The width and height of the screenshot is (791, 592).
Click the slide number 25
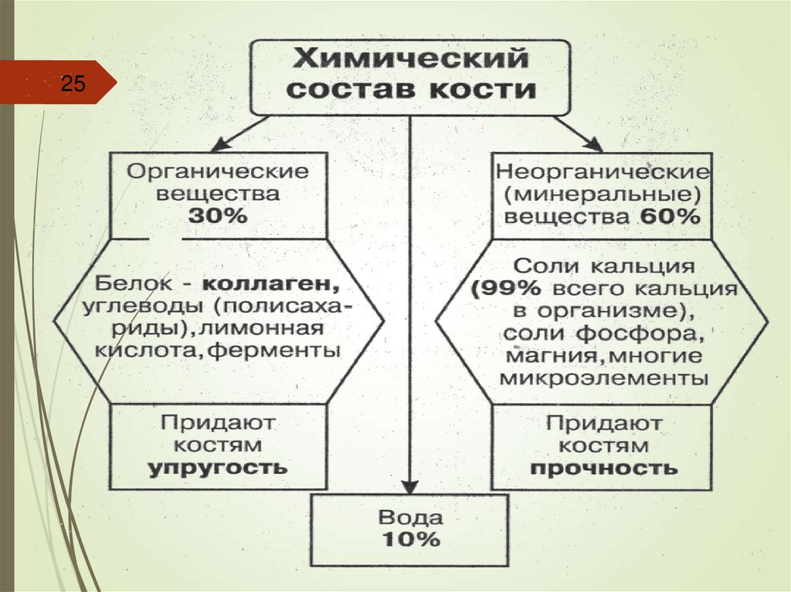[x=73, y=83]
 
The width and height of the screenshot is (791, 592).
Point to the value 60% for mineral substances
[x=669, y=216]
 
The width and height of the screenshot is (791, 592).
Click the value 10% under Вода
[x=409, y=540]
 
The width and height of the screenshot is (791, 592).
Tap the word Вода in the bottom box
[x=409, y=516]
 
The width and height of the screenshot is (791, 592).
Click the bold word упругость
[x=217, y=467]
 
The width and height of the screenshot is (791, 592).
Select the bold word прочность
[x=603, y=468]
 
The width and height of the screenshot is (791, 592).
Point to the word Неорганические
[x=603, y=170]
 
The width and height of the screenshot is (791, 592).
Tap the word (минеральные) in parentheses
[x=603, y=193]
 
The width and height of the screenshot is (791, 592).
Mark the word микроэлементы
[x=603, y=379]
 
